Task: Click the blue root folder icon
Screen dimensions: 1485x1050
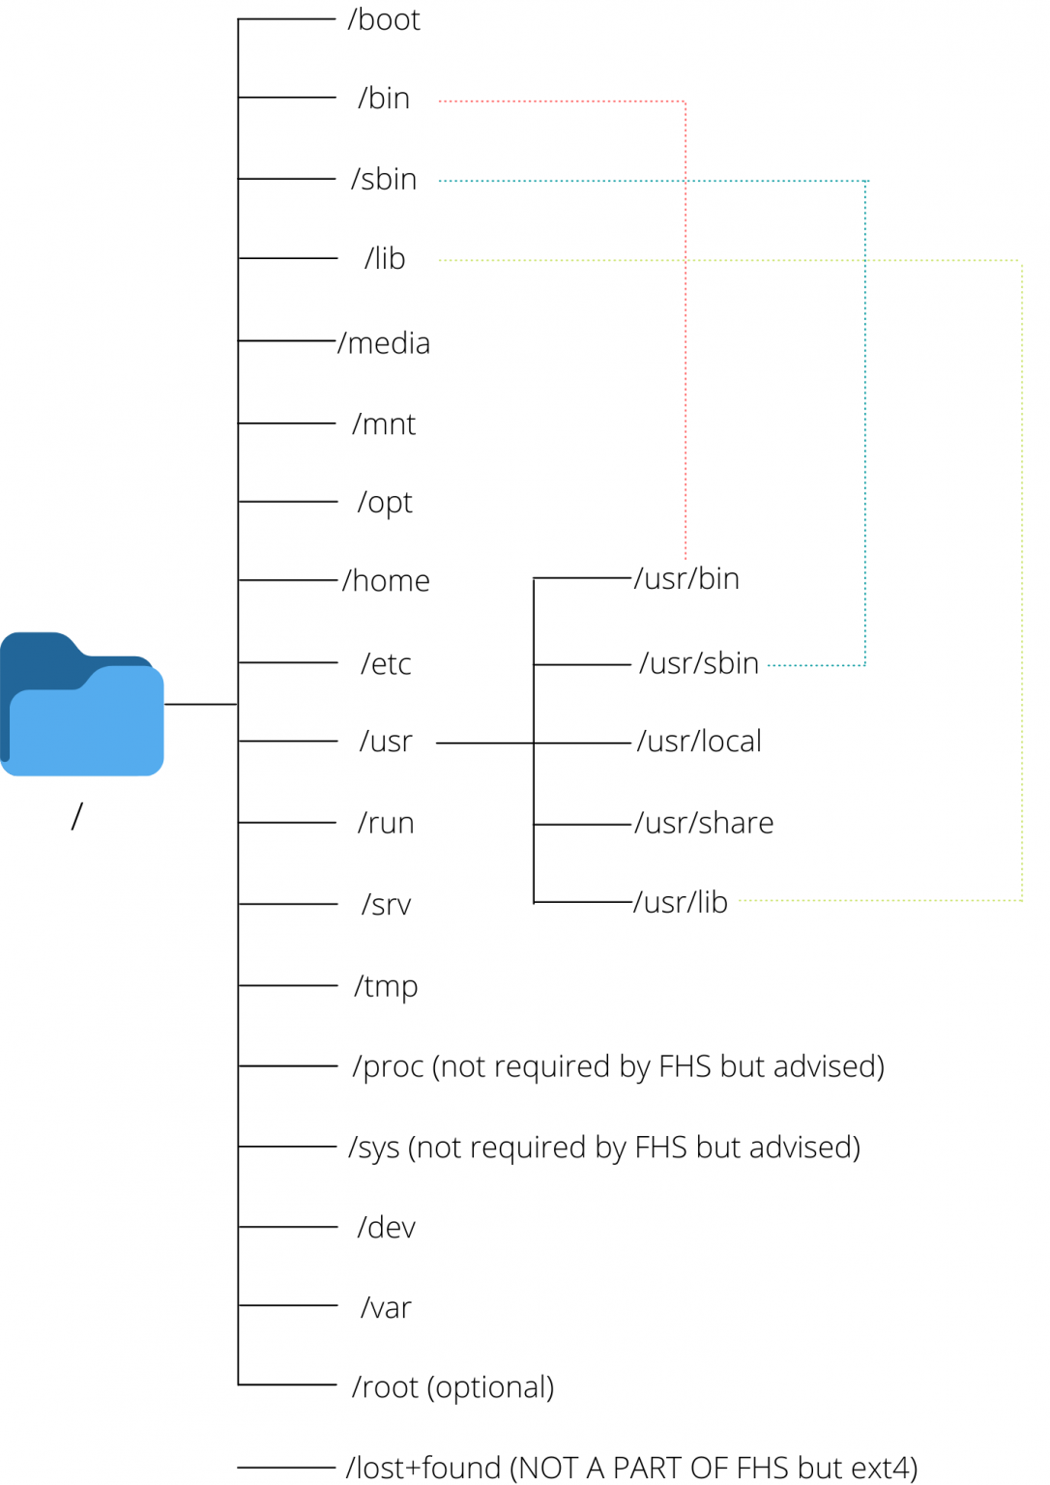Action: point(82,705)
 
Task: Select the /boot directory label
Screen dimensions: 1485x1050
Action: point(384,20)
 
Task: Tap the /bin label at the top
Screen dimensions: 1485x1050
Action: point(384,99)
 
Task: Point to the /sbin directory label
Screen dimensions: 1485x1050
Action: point(384,180)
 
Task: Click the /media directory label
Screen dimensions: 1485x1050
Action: point(384,343)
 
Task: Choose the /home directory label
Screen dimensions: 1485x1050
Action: point(386,581)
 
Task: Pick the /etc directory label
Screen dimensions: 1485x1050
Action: point(386,664)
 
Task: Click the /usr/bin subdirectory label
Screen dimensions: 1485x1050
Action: point(686,579)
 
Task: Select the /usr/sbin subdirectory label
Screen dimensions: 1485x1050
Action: point(698,663)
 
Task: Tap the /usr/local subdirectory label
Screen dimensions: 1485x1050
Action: point(699,742)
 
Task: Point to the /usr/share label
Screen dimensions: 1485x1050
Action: point(704,823)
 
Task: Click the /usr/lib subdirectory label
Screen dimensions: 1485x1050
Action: point(681,902)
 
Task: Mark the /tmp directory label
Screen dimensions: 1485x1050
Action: point(386,987)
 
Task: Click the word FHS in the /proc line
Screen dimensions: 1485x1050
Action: point(685,1066)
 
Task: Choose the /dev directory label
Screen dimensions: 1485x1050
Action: point(386,1228)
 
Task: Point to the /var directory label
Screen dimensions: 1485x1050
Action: point(386,1308)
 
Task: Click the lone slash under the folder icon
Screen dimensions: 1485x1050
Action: point(77,817)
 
